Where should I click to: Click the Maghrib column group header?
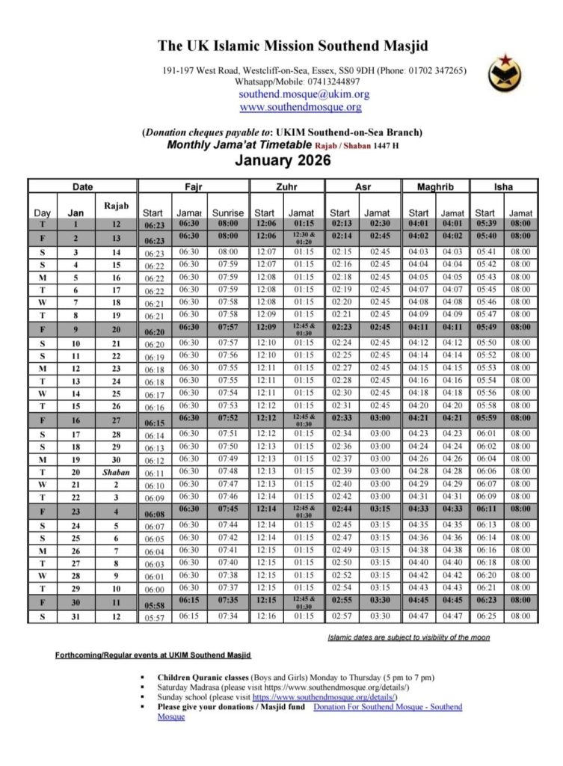[435, 186]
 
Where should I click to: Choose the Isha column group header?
[504, 186]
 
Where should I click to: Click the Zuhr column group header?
[286, 186]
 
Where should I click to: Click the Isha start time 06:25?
[485, 616]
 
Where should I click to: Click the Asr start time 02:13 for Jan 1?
[340, 223]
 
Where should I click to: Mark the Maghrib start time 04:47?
[419, 616]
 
